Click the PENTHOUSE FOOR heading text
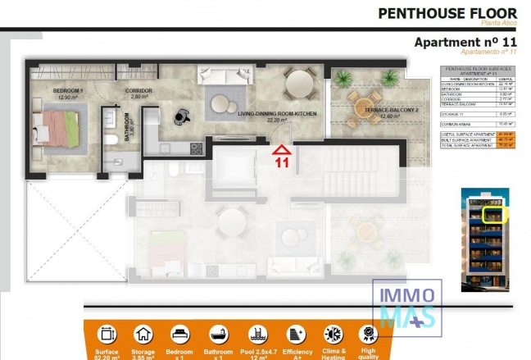click(x=447, y=13)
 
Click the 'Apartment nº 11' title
click(x=465, y=43)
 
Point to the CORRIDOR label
click(x=138, y=90)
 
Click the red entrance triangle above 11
click(x=281, y=148)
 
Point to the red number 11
click(x=282, y=162)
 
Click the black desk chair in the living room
click(x=177, y=116)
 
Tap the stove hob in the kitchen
click(x=197, y=148)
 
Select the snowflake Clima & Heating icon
click(x=334, y=335)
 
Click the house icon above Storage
click(x=143, y=335)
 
